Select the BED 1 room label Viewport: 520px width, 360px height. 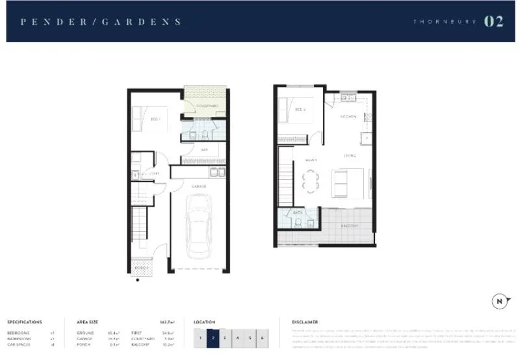155,119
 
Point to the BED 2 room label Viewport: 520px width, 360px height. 300,109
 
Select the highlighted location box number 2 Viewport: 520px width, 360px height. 212,338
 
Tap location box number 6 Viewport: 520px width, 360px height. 263,338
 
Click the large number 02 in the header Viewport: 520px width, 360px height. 493,21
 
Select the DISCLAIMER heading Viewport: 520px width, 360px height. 305,322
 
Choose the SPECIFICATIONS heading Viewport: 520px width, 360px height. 25,322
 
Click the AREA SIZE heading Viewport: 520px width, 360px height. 87,322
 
